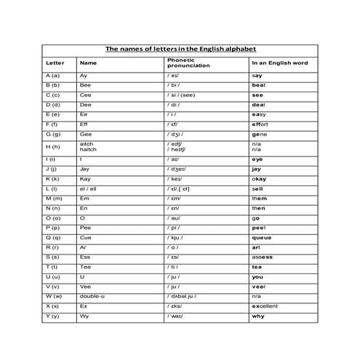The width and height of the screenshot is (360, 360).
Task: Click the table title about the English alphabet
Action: (x=181, y=49)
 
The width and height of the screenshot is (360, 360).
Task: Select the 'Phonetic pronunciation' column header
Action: (x=188, y=63)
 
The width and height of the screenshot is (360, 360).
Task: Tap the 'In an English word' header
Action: (x=279, y=63)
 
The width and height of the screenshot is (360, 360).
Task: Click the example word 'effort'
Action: (x=260, y=124)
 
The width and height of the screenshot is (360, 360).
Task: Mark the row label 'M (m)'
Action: (x=53, y=198)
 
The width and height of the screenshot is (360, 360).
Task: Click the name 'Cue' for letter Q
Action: (x=85, y=237)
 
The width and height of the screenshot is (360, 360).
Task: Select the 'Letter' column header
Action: (x=55, y=63)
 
